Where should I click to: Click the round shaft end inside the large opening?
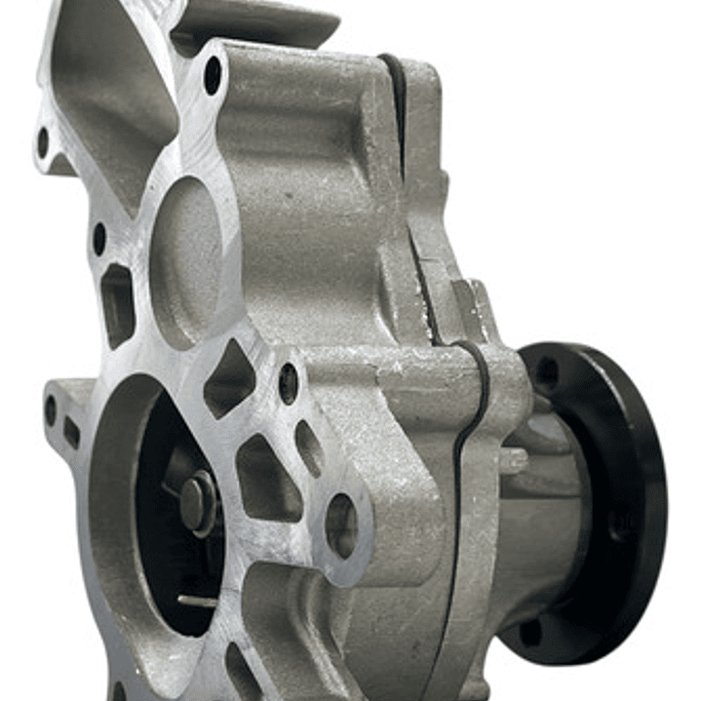click(198, 501)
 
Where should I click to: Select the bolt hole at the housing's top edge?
click(213, 75)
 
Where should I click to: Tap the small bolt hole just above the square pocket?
click(99, 237)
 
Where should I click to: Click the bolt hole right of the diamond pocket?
click(289, 383)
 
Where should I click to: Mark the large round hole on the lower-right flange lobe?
click(341, 525)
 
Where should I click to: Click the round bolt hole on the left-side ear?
click(51, 409)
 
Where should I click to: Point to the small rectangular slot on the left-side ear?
click(72, 433)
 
